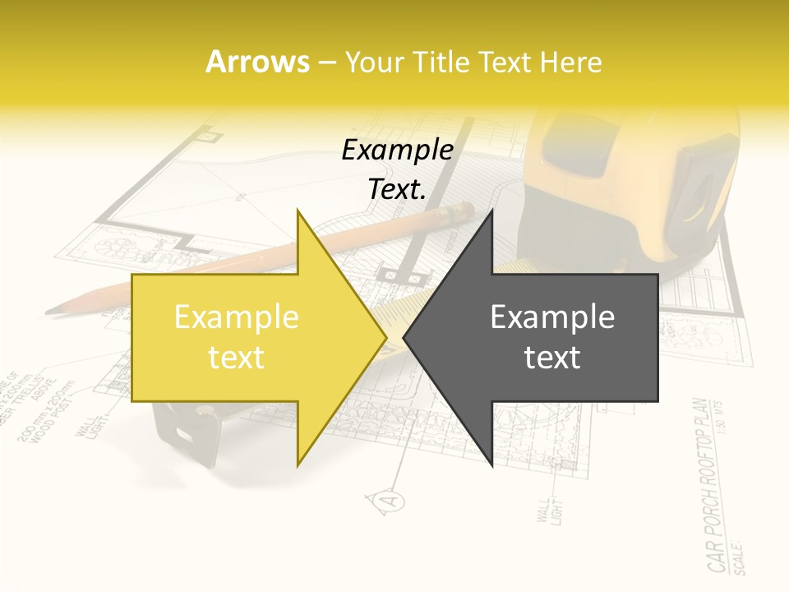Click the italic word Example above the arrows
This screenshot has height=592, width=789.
click(397, 150)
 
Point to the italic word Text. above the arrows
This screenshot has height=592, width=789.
click(397, 189)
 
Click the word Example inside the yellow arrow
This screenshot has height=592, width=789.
click(236, 317)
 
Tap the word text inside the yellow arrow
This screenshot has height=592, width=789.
click(236, 358)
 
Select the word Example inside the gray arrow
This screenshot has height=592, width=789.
click(552, 317)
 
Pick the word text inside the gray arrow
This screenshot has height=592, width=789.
click(552, 358)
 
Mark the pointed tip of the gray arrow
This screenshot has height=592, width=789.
click(404, 337)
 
